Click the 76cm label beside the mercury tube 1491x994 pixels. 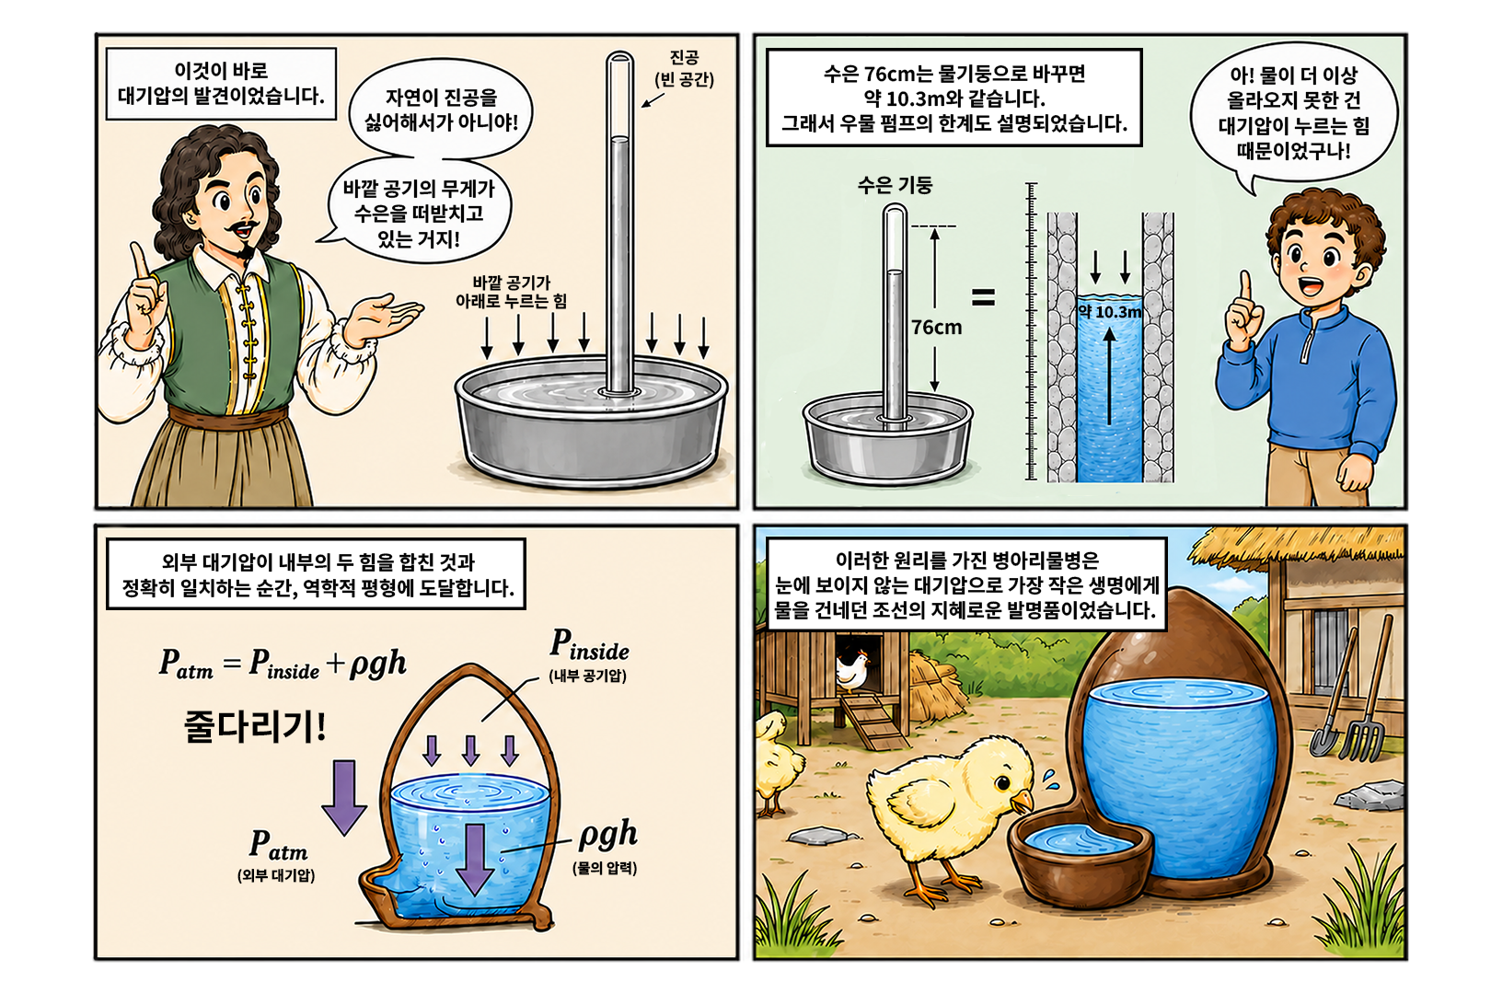pyautogui.click(x=937, y=328)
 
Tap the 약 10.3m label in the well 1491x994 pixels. pyautogui.click(x=1110, y=312)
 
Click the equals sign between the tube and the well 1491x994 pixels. pyautogui.click(x=983, y=297)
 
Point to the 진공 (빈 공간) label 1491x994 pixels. pyautogui.click(x=684, y=69)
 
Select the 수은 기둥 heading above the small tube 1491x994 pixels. pyautogui.click(x=896, y=184)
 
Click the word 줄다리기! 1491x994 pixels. pyautogui.click(x=255, y=726)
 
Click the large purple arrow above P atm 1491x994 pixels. pyautogui.click(x=344, y=797)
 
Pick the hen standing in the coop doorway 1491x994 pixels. pyautogui.click(x=851, y=670)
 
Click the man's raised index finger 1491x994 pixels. pyautogui.click(x=140, y=263)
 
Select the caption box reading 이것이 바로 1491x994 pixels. pyautogui.click(x=221, y=83)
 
